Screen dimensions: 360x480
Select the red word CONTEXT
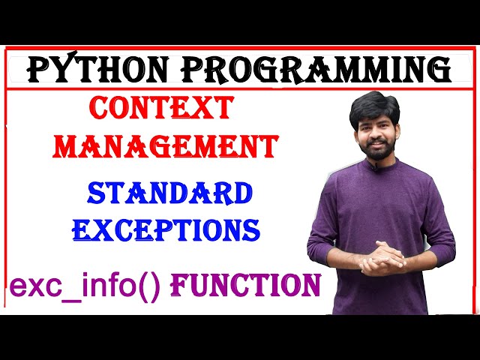[x=161, y=109]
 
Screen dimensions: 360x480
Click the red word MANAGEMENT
[x=167, y=145]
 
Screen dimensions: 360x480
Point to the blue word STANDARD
[x=169, y=193]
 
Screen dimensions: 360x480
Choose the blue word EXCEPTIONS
[x=166, y=229]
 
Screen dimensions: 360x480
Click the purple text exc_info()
[x=85, y=286]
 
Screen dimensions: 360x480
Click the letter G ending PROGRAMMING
[x=439, y=70]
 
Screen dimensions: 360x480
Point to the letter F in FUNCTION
[x=180, y=285]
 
